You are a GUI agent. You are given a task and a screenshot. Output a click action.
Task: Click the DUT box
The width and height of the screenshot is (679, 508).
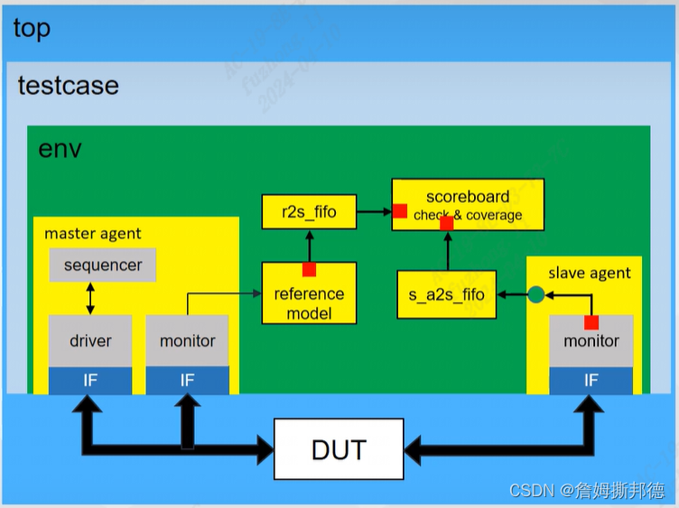pos(339,449)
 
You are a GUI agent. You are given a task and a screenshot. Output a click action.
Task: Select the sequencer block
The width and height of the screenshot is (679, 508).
pos(103,265)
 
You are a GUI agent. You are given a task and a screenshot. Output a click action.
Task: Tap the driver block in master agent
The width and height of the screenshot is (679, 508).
pos(90,340)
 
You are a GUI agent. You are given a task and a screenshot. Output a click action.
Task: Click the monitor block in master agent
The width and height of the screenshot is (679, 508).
pos(188,340)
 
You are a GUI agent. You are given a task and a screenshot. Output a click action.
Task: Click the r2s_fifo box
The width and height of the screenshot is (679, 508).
pos(309,213)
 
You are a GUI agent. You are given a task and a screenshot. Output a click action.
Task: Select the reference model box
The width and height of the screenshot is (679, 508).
pos(309,298)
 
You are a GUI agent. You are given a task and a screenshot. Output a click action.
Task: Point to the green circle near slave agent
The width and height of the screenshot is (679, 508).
pos(535,294)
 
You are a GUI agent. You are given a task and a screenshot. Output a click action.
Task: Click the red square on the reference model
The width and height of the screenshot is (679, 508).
pos(309,269)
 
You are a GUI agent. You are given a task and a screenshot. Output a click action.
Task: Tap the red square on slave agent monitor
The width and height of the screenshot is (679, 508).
pos(591,323)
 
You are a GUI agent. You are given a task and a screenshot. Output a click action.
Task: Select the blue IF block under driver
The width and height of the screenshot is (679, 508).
pos(90,380)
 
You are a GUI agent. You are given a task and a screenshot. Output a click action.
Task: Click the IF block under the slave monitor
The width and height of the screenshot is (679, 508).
pos(591,380)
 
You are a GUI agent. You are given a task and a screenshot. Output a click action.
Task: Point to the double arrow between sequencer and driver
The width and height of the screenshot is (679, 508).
pos(90,298)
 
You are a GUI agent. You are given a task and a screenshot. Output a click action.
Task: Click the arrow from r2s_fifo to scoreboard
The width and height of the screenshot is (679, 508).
pos(374,213)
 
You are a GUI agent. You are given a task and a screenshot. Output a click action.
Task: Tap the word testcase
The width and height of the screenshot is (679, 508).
pos(69,86)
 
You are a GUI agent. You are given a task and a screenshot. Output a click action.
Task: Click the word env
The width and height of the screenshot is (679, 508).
pos(60,148)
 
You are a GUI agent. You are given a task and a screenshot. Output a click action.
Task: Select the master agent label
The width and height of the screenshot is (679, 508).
pos(93,234)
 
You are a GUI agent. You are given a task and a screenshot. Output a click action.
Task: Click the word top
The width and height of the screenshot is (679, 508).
pos(32,28)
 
